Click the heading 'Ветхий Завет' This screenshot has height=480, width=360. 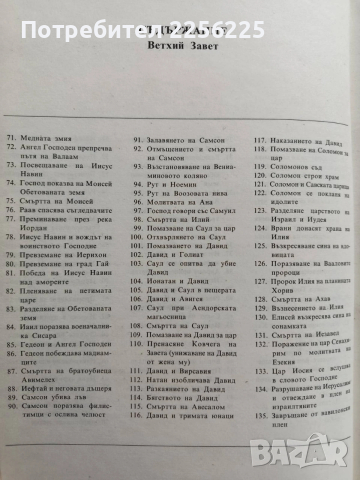[179, 48]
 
